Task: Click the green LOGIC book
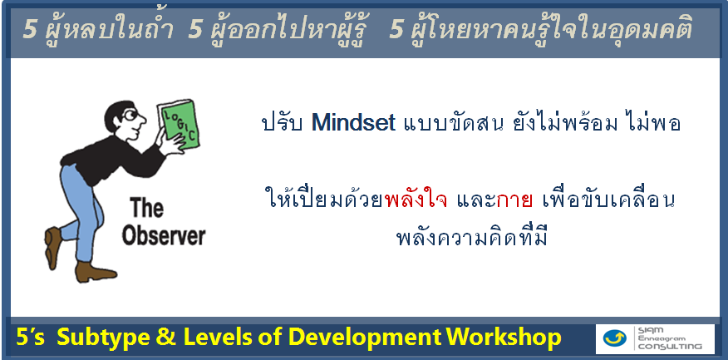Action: pyautogui.click(x=179, y=122)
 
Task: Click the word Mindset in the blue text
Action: pyautogui.click(x=353, y=122)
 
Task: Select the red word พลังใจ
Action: pyautogui.click(x=416, y=200)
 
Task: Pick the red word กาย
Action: pyautogui.click(x=514, y=200)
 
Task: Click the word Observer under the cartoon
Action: pyautogui.click(x=164, y=235)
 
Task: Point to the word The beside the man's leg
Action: pyautogui.click(x=146, y=208)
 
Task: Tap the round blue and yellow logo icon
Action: pyautogui.click(x=614, y=338)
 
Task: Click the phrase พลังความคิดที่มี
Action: pyautogui.click(x=472, y=237)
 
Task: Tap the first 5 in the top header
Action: pyautogui.click(x=30, y=31)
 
